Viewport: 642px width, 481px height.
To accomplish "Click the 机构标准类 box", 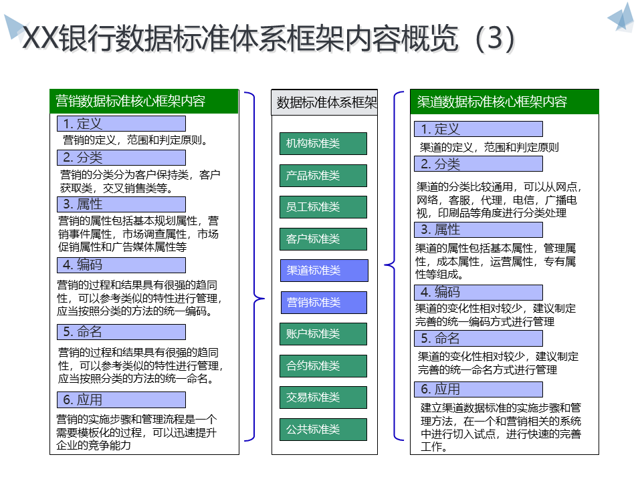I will [x=323, y=144].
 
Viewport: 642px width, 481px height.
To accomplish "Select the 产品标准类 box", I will [x=323, y=176].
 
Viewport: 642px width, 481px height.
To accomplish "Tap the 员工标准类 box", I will [x=323, y=207].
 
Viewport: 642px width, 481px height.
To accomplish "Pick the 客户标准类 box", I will [x=323, y=239].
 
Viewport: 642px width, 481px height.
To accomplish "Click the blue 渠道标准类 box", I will [x=324, y=271].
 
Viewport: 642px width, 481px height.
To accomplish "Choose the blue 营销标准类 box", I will [x=324, y=303].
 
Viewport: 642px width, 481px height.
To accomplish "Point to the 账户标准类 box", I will [x=323, y=334].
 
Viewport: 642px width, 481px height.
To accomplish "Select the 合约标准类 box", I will [x=323, y=366].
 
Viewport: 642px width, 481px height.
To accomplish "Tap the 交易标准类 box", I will [x=323, y=397].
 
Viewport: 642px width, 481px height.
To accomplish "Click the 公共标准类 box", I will [x=323, y=430].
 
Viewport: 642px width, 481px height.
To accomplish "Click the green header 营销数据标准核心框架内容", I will [x=144, y=102].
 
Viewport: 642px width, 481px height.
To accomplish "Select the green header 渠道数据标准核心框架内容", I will [x=504, y=102].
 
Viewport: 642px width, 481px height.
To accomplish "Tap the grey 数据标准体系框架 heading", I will [x=324, y=103].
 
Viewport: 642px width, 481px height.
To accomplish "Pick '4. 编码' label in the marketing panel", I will [x=121, y=265].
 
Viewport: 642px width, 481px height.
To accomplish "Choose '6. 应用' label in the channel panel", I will [x=478, y=389].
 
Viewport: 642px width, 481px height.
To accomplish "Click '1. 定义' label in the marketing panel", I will [x=121, y=124].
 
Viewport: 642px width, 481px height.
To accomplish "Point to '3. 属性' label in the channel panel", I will [x=478, y=230].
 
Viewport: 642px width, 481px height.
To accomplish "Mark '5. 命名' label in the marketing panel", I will [x=121, y=332].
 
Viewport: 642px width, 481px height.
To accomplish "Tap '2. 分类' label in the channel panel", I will [x=478, y=164].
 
